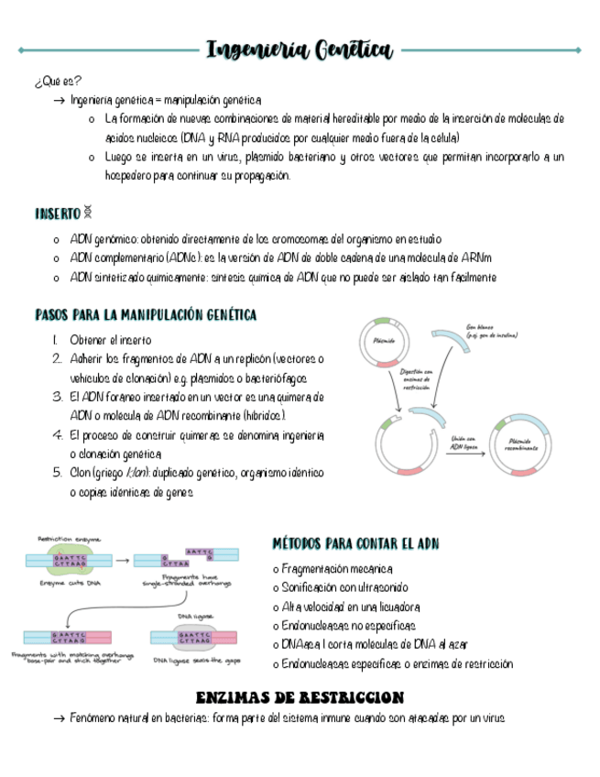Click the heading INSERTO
[x=57, y=213]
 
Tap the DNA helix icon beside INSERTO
[x=89, y=213]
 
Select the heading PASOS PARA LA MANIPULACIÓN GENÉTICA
[x=146, y=315]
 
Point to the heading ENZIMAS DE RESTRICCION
[x=300, y=698]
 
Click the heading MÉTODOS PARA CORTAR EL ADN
[x=356, y=544]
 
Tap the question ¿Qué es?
[x=57, y=82]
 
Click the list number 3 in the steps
[x=58, y=398]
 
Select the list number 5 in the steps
[x=58, y=473]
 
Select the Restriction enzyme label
[x=69, y=539]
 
